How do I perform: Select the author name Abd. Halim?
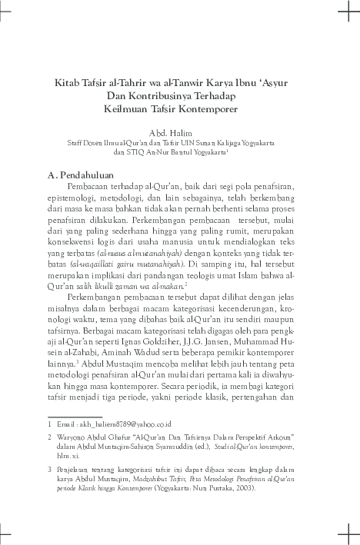179,132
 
